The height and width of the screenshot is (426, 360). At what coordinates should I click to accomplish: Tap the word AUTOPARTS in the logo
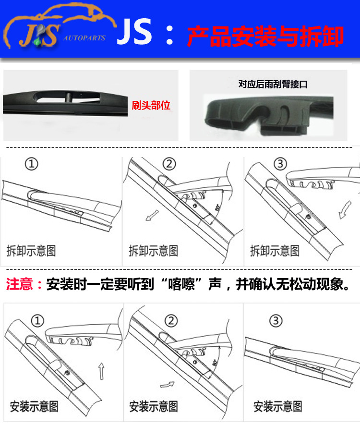click(x=84, y=38)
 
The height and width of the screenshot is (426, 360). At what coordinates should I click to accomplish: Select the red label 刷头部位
click(x=151, y=105)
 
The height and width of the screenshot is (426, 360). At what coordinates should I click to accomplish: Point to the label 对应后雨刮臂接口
click(x=273, y=84)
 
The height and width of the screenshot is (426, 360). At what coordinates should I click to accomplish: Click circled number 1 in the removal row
click(x=31, y=164)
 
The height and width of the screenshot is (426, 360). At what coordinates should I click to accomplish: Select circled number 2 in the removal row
click(x=169, y=164)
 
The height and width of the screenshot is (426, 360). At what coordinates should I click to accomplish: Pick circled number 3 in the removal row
click(x=282, y=164)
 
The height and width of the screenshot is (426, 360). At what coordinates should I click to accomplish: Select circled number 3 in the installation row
click(x=275, y=320)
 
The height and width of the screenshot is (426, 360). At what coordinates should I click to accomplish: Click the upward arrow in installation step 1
click(x=101, y=371)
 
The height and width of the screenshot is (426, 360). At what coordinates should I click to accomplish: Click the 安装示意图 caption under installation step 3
click(x=278, y=406)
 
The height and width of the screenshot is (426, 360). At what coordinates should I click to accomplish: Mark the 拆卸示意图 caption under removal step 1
click(x=31, y=250)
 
